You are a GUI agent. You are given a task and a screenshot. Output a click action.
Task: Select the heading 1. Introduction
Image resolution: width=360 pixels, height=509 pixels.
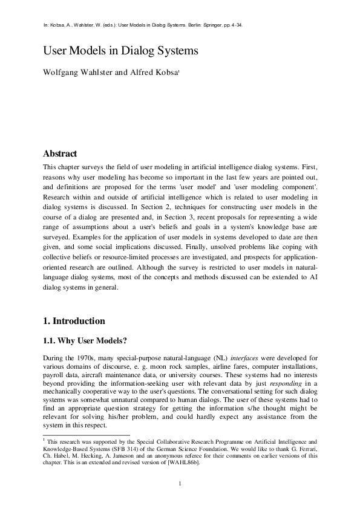click(x=74, y=320)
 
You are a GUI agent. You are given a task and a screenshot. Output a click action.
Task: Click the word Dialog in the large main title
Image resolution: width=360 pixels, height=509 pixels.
click(x=141, y=52)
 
